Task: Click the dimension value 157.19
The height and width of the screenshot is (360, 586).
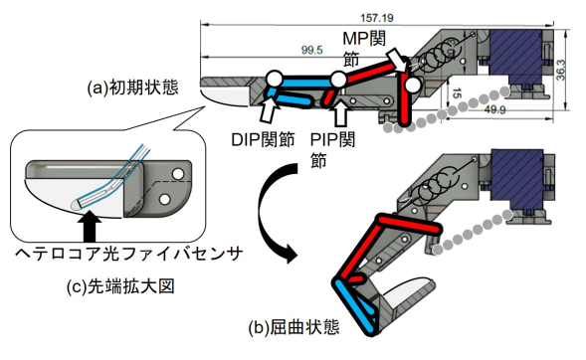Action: (x=377, y=18)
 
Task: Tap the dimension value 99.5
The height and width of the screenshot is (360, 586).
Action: (x=312, y=50)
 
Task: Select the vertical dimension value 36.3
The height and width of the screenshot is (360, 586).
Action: (x=560, y=70)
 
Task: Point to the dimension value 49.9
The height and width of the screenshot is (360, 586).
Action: (x=494, y=109)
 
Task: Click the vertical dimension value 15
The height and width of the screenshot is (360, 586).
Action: (x=457, y=93)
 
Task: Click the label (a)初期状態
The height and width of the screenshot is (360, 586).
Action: (x=132, y=88)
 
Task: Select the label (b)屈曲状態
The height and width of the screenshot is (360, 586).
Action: (x=294, y=327)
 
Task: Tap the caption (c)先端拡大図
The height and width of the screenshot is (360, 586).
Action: (x=120, y=286)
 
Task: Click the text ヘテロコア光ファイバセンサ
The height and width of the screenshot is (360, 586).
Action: (x=129, y=254)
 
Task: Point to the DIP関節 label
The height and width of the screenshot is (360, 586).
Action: (x=263, y=139)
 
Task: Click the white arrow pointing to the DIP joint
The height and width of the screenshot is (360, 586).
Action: (x=270, y=108)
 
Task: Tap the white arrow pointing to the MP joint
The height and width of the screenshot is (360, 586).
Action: (x=398, y=60)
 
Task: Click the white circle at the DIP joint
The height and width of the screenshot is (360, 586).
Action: (x=275, y=79)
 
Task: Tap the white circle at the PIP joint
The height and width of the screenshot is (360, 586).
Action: (x=339, y=80)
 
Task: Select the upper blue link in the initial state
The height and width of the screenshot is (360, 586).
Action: (x=306, y=81)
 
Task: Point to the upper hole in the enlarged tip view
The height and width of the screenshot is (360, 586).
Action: (x=178, y=174)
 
